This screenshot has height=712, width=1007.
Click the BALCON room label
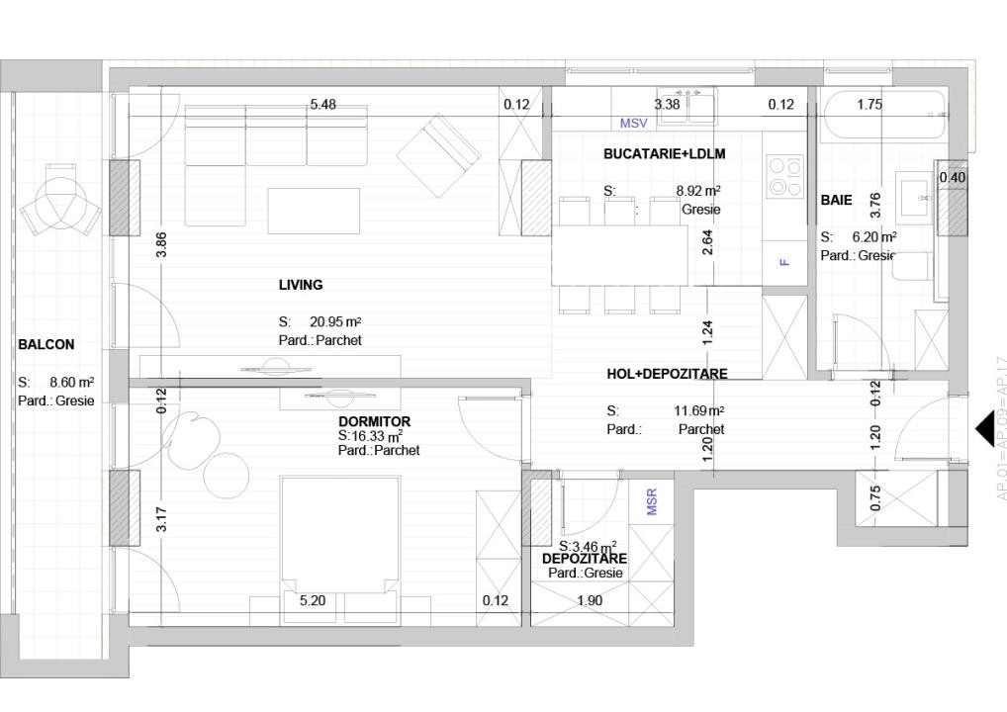46,345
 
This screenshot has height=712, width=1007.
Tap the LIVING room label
301,285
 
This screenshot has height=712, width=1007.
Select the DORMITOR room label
374,421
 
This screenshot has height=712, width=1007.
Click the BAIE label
836,201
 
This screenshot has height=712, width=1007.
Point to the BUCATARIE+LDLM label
665,154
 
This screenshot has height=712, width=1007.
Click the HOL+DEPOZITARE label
667,374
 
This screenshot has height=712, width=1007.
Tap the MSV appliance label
633,124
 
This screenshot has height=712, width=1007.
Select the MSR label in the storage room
652,501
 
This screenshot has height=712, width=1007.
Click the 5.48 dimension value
322,105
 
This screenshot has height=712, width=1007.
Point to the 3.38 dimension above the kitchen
667,105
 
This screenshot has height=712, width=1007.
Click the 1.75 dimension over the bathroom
870,105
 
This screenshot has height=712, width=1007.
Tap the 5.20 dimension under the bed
313,600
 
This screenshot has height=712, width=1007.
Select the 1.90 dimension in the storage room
590,600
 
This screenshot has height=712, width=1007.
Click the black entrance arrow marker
984,429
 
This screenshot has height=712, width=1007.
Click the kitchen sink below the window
689,106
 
